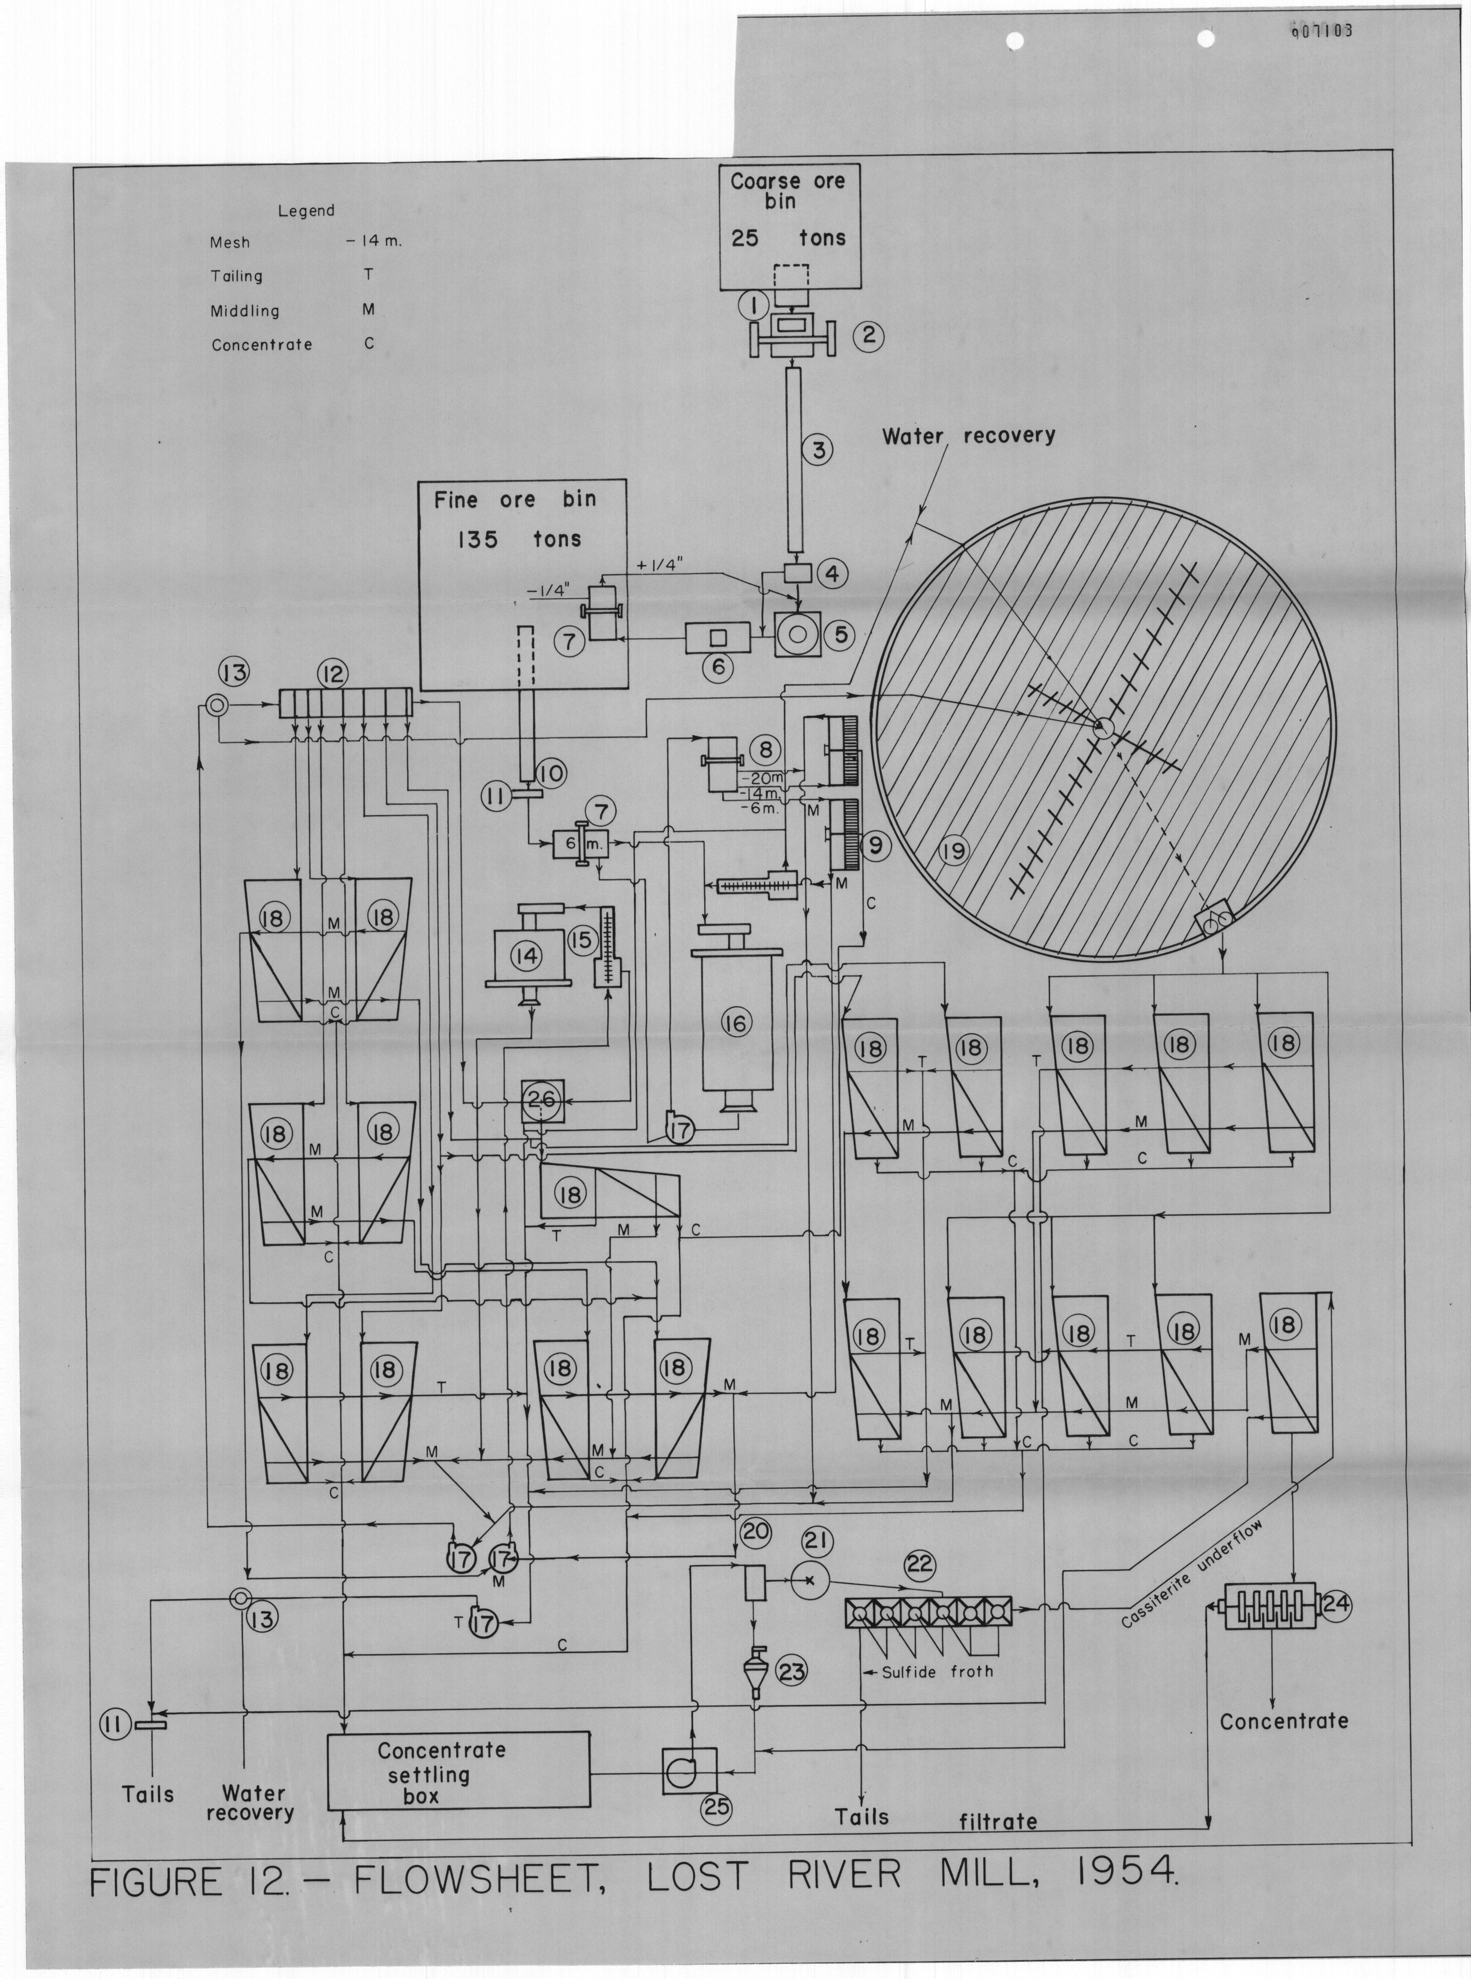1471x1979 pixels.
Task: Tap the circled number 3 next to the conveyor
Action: (x=818, y=450)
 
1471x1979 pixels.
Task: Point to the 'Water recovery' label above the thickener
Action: (x=969, y=436)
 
